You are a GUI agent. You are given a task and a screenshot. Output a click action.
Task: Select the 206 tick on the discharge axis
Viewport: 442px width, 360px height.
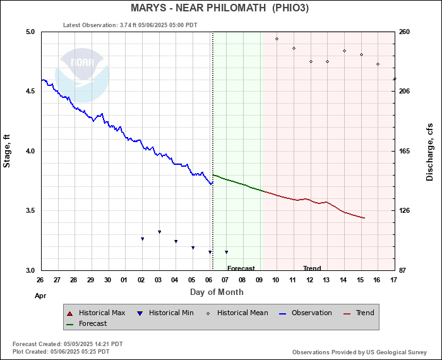pyautogui.click(x=405, y=92)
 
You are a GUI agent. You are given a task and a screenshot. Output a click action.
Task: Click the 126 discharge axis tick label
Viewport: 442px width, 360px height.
pyautogui.click(x=405, y=211)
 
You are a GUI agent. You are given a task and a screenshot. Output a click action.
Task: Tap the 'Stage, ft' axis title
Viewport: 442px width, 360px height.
pyautogui.click(x=8, y=151)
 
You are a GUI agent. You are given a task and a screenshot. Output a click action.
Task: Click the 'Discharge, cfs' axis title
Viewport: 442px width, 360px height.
pyautogui.click(x=430, y=151)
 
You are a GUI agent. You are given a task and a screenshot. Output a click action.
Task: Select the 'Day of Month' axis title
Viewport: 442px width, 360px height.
pyautogui.click(x=217, y=292)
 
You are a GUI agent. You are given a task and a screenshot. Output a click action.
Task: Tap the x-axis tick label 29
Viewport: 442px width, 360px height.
pyautogui.click(x=90, y=280)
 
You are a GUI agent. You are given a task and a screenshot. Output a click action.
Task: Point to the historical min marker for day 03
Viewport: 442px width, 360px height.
pyautogui.click(x=159, y=232)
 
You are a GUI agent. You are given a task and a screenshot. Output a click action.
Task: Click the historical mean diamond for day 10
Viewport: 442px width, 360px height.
pyautogui.click(x=277, y=39)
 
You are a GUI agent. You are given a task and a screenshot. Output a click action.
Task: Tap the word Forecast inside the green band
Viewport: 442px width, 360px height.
pyautogui.click(x=241, y=268)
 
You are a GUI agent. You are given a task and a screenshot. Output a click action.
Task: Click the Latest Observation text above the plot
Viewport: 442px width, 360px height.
pyautogui.click(x=130, y=25)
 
